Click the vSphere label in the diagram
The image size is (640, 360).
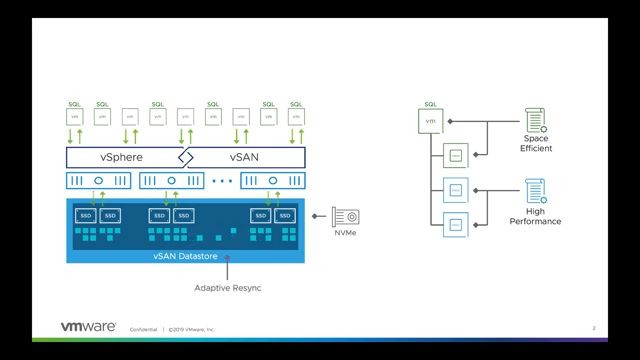121,158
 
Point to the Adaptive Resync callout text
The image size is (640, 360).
228,289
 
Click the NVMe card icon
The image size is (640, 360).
345,216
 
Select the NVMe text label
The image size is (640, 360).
345,233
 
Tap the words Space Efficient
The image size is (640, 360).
536,145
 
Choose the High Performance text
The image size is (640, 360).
536,217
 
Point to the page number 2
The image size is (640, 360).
593,327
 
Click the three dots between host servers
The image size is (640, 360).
222,182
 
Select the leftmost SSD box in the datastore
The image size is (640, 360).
86,215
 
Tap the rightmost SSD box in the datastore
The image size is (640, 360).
285,215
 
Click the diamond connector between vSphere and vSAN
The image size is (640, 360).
185,158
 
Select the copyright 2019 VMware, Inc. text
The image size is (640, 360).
192,328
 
